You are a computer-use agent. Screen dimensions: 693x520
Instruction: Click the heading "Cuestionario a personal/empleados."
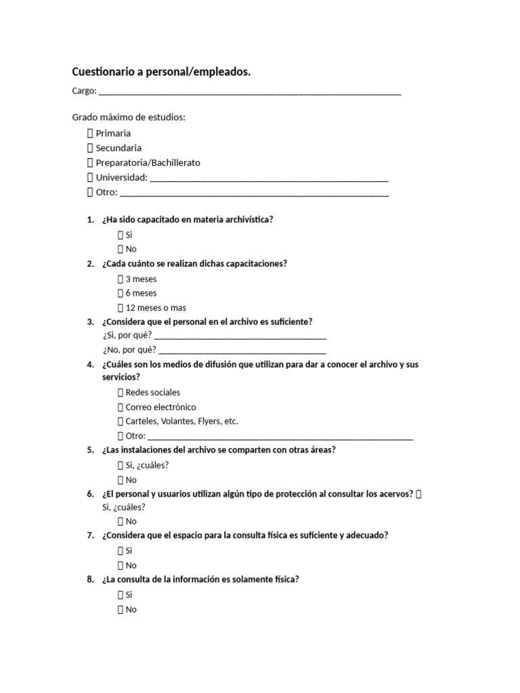point(161,72)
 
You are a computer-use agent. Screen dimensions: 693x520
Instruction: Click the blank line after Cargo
point(249,91)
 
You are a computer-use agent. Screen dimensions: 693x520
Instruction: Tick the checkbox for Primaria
point(90,133)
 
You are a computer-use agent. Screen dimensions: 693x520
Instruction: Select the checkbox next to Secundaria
point(90,148)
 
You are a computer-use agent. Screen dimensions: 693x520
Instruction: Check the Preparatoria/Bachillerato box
point(90,163)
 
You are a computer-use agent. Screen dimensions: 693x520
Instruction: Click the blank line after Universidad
point(269,178)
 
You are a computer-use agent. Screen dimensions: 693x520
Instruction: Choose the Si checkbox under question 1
point(121,235)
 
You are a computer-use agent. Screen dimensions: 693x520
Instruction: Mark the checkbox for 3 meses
point(121,279)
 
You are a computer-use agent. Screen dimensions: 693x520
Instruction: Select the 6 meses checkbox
point(121,294)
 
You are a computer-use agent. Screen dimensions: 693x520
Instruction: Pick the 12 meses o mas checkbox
point(121,308)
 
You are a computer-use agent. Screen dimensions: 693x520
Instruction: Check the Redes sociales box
point(121,393)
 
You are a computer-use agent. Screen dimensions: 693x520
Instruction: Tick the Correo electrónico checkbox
point(121,407)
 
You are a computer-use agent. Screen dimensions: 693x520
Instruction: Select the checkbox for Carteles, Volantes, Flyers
point(121,422)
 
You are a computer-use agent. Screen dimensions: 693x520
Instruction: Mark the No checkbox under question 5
point(121,480)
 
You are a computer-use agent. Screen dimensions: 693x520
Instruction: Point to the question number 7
point(90,535)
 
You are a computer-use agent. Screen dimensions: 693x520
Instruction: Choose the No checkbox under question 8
point(121,610)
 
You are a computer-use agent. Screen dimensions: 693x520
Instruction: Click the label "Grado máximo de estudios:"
point(129,118)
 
